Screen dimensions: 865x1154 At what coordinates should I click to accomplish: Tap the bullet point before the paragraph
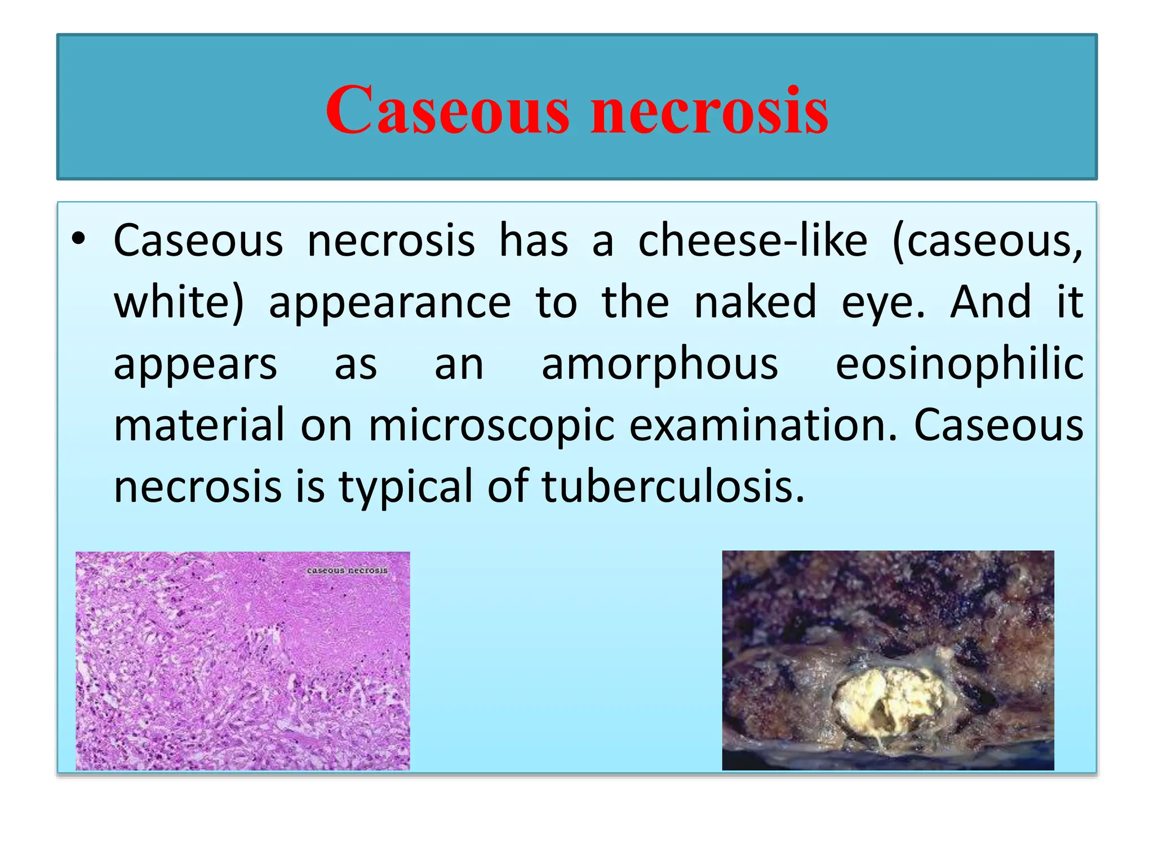(79, 239)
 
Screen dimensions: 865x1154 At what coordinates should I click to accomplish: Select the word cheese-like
(752, 241)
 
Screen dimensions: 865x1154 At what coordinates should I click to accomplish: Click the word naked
(755, 302)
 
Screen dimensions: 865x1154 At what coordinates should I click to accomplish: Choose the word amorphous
(660, 364)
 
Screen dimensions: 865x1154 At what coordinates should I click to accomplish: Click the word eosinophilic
(959, 364)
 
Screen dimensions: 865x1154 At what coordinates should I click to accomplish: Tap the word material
(199, 425)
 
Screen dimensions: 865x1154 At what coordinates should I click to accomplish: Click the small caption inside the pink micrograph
(347, 570)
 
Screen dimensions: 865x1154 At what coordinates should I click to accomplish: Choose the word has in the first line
(534, 241)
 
